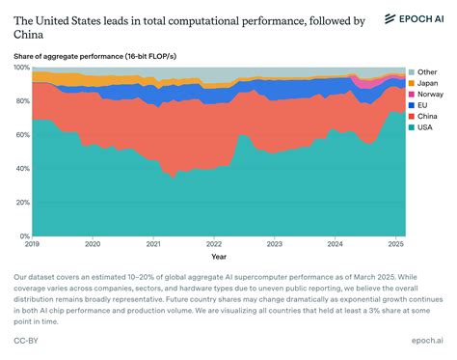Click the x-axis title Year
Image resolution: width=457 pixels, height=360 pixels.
pyautogui.click(x=219, y=257)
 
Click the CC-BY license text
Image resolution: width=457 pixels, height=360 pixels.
pyautogui.click(x=26, y=340)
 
